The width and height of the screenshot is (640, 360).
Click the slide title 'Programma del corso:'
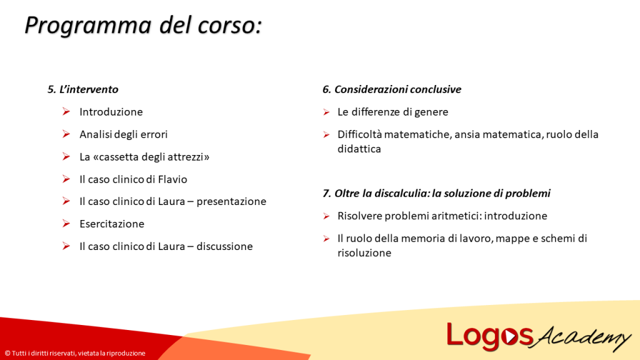pyautogui.click(x=142, y=26)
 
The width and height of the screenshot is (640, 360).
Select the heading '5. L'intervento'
pyautogui.click(x=82, y=89)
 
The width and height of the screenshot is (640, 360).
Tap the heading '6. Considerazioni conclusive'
pyautogui.click(x=391, y=89)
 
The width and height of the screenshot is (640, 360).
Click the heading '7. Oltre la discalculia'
pyautogui.click(x=436, y=193)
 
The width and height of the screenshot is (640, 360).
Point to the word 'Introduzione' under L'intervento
pyautogui.click(x=111, y=112)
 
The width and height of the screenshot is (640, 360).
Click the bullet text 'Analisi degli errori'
pyautogui.click(x=123, y=134)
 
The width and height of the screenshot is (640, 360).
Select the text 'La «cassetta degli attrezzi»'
pyautogui.click(x=144, y=157)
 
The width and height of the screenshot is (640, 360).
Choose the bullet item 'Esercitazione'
pyautogui.click(x=111, y=224)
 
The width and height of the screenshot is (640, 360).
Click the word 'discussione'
pyautogui.click(x=224, y=246)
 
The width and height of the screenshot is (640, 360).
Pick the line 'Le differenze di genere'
pyautogui.click(x=392, y=112)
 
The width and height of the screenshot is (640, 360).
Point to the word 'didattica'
pyautogui.click(x=359, y=149)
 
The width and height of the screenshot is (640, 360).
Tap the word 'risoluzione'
pyautogui.click(x=364, y=252)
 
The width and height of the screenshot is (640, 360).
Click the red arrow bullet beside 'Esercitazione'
pyautogui.click(x=66, y=224)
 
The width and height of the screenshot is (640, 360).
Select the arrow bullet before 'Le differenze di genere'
pyautogui.click(x=326, y=112)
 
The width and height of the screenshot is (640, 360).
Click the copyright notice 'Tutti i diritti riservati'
pyautogui.click(x=75, y=353)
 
